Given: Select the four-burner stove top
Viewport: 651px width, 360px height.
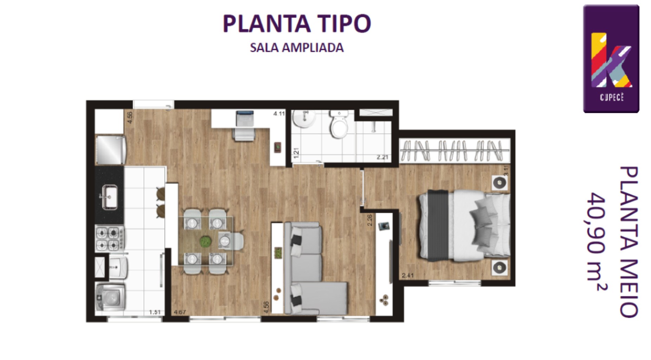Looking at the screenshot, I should point(109,238).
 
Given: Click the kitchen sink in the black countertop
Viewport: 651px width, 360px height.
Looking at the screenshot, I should point(110,197).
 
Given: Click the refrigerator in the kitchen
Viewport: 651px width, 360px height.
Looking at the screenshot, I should point(110,150).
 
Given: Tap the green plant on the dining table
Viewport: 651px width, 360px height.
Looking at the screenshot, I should point(205,242).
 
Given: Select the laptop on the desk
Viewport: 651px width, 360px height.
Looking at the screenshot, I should point(245,118).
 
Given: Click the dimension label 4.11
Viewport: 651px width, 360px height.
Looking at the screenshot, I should point(279,114).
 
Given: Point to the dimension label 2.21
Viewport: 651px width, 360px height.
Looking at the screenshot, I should point(382,157).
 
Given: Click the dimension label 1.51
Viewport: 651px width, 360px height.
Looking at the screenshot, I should point(155,312).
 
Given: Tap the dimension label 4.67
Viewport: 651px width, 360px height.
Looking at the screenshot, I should point(180,312).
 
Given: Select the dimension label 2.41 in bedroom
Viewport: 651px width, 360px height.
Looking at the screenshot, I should point(408,275).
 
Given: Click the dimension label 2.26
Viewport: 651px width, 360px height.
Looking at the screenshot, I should point(369,220).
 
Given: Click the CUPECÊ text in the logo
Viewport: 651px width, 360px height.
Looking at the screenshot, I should point(612,97).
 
